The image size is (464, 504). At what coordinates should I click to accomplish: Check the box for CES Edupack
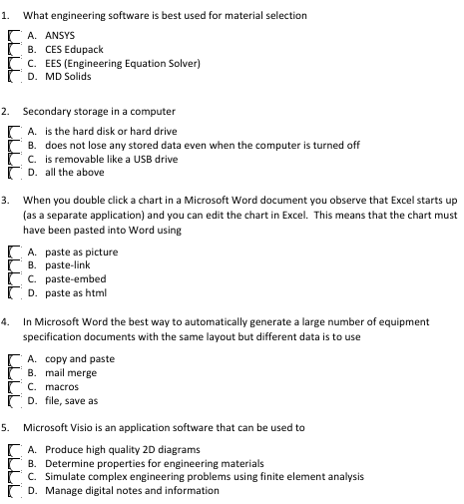pos(13,49)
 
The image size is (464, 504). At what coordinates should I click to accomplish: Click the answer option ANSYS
pos(13,35)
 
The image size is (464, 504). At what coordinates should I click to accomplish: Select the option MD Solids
pos(13,77)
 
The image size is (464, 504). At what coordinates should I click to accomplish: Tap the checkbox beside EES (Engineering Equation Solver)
pos(13,63)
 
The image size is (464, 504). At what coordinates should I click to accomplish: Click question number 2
pos(6,110)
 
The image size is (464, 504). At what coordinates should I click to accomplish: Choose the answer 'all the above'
pos(13,173)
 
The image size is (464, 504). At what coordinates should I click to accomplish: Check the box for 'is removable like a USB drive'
pos(13,159)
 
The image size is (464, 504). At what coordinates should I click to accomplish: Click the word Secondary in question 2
pos(47,110)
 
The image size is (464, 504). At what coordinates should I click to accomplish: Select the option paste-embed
pos(13,279)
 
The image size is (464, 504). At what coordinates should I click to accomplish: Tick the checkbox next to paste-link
pos(13,265)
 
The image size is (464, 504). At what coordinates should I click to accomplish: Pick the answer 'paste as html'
pos(13,293)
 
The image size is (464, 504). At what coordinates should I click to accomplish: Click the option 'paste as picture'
pos(13,252)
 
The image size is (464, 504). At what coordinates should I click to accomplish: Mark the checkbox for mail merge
pos(13,372)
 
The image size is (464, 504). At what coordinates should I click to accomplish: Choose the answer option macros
pos(13,386)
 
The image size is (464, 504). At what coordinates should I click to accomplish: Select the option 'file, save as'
pos(13,400)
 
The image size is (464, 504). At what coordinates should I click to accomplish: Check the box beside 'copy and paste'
pos(13,358)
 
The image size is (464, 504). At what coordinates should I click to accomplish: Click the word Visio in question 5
pos(72,427)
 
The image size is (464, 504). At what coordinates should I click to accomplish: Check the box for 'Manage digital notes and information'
pos(13,491)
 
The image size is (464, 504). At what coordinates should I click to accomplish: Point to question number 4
pos(6,322)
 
